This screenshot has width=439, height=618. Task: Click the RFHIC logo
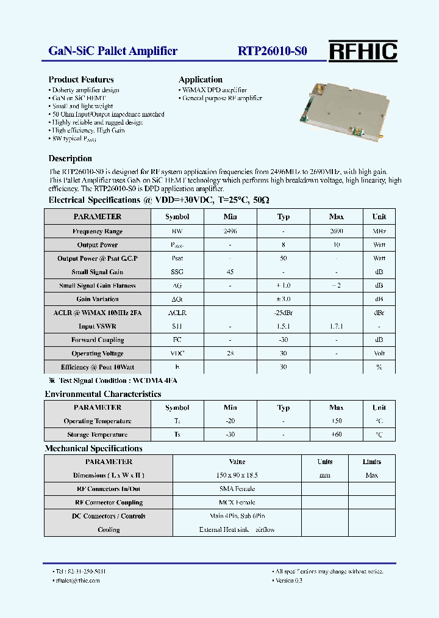pos(363,51)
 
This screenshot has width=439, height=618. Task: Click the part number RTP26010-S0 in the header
pos(273,51)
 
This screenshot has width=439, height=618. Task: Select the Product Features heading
pos(81,79)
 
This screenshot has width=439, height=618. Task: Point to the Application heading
pos(200,79)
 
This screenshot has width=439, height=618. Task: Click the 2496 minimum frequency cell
pos(230,231)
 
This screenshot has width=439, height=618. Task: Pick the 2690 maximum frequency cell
pos(336,231)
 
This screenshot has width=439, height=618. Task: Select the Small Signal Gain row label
pos(98,272)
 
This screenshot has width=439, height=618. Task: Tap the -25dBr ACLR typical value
pos(283,313)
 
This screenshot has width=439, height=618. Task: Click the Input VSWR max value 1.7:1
pos(336,326)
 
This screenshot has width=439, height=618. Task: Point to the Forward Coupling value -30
pos(283,340)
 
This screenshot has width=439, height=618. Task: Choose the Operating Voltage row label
pos(98,354)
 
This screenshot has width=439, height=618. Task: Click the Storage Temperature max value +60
pos(336,435)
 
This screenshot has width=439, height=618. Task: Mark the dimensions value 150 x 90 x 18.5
pos(237,475)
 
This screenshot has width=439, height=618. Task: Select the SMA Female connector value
pos(237,489)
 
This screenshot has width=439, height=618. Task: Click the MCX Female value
pos(237,503)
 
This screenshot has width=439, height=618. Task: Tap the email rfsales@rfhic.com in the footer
pos(76,580)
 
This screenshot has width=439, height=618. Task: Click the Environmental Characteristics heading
pos(103,394)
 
